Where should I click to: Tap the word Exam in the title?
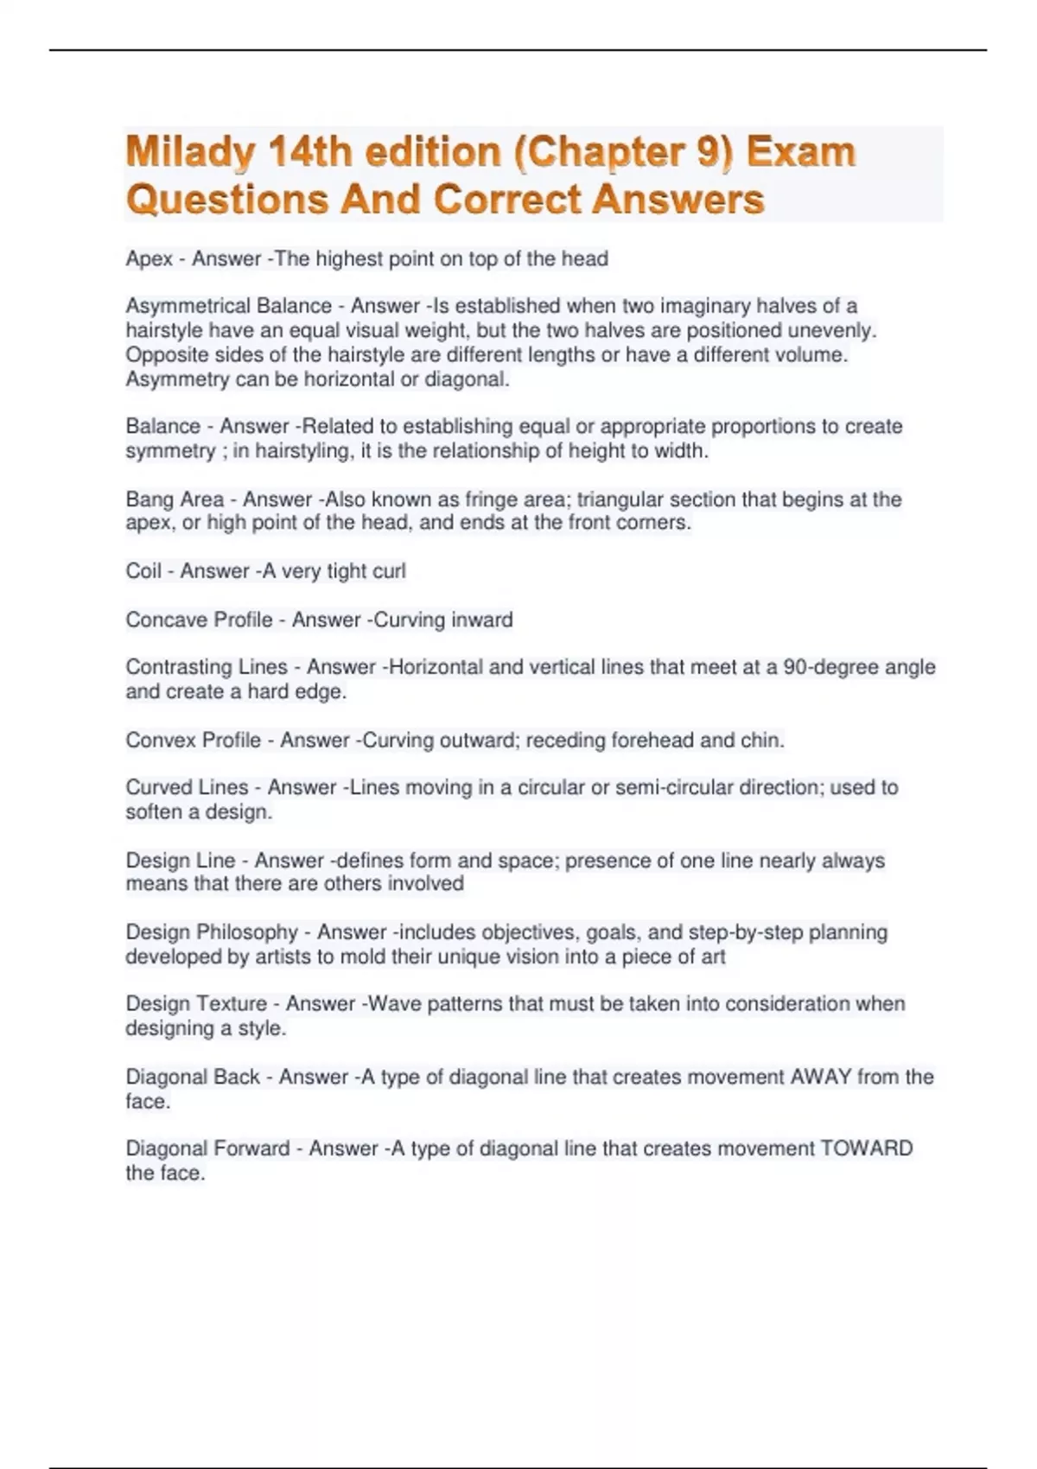801,152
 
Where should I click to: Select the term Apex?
149,259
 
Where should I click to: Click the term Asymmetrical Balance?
228,306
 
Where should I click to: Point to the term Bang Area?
175,499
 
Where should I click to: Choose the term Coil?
143,571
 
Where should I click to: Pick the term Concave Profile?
199,620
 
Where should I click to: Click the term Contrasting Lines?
206,667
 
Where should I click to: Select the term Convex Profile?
193,741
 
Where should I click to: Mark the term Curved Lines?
187,787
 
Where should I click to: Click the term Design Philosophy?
212,932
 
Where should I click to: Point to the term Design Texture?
196,1004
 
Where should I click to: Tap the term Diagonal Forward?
207,1148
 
